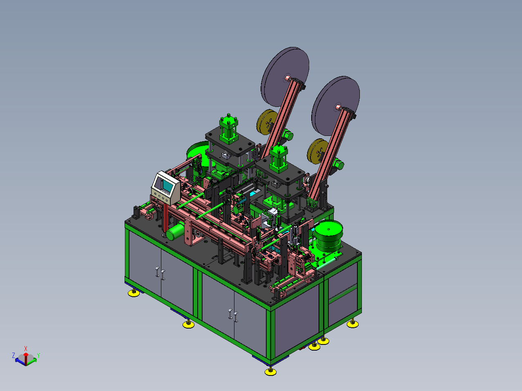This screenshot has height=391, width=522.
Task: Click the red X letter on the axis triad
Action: (26, 349)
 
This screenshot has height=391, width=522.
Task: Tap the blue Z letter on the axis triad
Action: (13, 355)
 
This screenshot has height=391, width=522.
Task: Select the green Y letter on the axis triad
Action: (38, 355)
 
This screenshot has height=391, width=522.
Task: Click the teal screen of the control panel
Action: (167, 185)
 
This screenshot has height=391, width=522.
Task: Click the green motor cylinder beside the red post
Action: (175, 231)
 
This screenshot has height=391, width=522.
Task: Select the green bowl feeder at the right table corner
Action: (329, 235)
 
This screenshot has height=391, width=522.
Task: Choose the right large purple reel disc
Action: (335, 106)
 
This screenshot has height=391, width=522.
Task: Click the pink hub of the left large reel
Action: (288, 78)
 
